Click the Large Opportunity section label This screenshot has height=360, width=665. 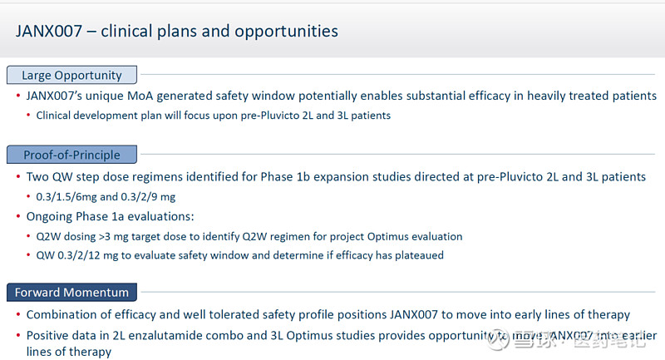coord(71,75)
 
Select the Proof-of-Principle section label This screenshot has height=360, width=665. coord(71,155)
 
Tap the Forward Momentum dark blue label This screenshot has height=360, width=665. coord(71,293)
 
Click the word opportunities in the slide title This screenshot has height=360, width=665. coord(290,31)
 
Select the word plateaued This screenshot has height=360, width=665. coord(415,255)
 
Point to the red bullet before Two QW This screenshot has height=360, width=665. coord(19,177)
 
